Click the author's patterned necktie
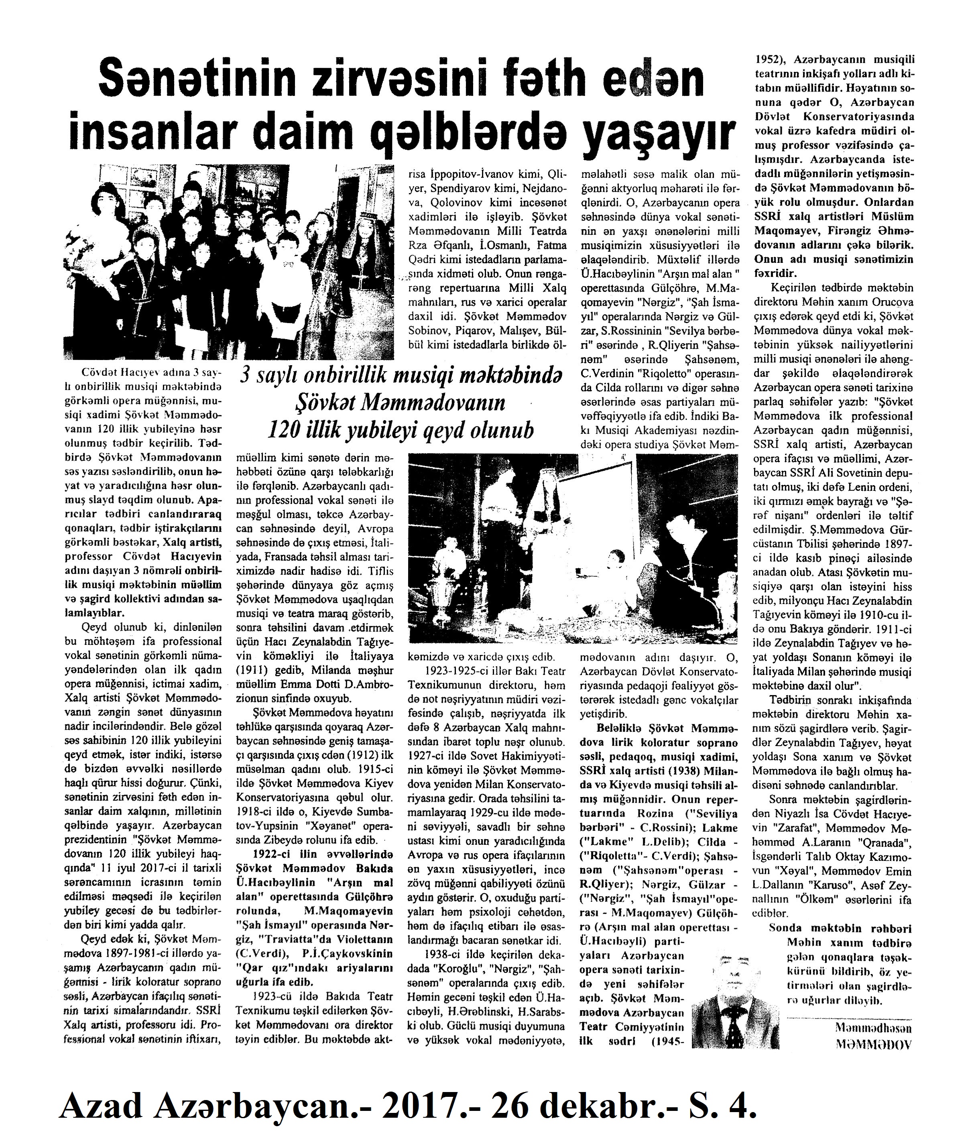tap(733, 1027)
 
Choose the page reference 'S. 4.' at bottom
tap(720, 1106)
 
